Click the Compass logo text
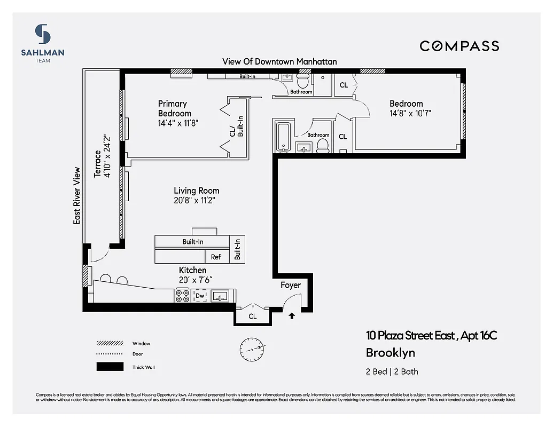459,46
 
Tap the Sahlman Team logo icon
43,34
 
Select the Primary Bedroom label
174,108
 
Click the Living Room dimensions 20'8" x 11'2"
196,201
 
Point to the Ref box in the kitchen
215,257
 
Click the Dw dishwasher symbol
200,296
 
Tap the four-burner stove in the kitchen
182,296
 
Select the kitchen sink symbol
220,296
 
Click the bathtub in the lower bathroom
282,138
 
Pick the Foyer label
291,285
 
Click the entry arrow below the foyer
291,315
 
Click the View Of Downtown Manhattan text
279,61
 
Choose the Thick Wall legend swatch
107,367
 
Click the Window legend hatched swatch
107,343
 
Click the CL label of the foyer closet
252,316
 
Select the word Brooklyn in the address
390,353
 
